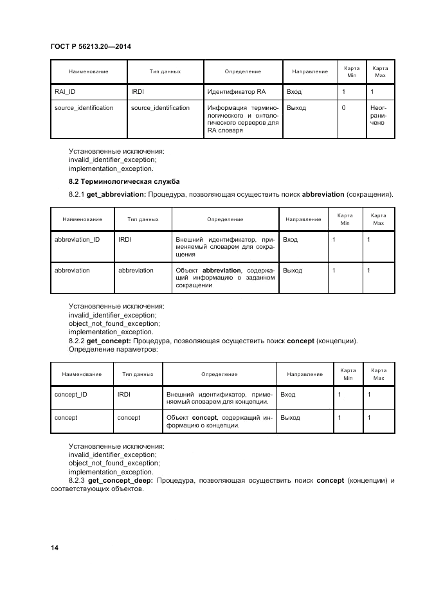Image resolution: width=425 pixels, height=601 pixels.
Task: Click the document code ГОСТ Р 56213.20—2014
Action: (x=86, y=46)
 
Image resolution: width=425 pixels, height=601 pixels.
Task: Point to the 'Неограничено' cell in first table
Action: (x=378, y=115)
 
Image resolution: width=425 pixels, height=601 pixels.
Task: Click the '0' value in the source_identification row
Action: (x=344, y=108)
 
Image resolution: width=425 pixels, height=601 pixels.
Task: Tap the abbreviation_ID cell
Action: (x=77, y=240)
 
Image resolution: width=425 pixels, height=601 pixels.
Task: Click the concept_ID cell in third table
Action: (x=71, y=394)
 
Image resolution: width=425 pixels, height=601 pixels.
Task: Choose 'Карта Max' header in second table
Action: (x=378, y=219)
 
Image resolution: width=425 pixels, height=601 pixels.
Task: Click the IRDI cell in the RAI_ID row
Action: (x=138, y=92)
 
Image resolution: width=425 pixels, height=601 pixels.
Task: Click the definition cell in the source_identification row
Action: (x=242, y=119)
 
